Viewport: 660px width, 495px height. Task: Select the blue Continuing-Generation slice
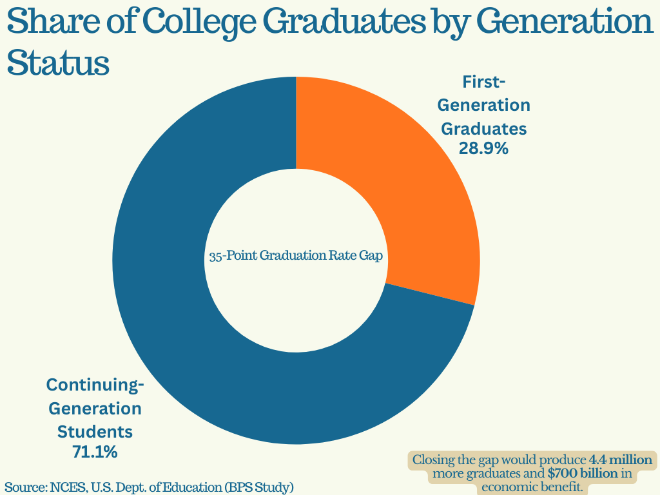[193, 335]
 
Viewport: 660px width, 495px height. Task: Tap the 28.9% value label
[483, 148]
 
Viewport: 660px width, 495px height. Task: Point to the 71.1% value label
[95, 452]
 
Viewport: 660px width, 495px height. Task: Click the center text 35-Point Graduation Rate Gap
[296, 256]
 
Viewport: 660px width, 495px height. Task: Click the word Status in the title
[57, 64]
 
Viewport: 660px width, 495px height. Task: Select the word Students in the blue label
[95, 430]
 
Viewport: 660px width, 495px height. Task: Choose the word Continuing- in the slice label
[95, 385]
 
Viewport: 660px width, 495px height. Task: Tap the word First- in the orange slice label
[484, 82]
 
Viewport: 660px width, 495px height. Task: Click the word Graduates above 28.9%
[483, 128]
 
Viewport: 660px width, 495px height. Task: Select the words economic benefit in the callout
[532, 487]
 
